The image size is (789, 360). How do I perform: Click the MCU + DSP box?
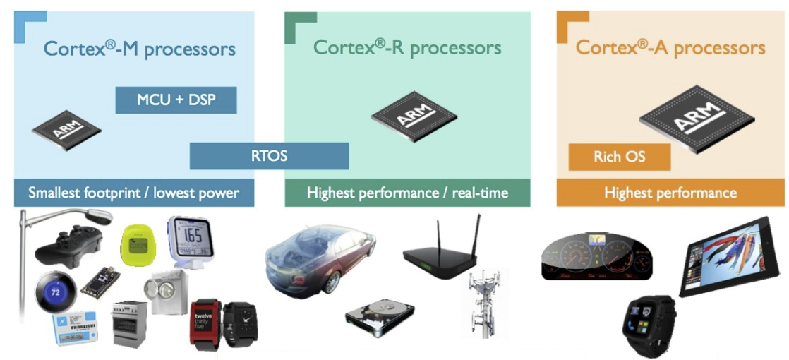pos(176,100)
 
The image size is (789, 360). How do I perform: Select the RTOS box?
pos(269,156)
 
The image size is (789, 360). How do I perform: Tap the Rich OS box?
pos(618,157)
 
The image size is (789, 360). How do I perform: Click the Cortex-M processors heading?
pos(139,49)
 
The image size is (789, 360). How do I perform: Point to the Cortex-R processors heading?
pos(407,48)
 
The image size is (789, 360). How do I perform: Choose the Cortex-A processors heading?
pos(670,48)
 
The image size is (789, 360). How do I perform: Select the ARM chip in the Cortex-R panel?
pos(414,116)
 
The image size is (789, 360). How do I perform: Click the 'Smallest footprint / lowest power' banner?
pos(133,193)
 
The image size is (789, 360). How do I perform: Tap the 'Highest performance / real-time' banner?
pos(407,193)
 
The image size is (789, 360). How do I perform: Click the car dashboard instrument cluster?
pos(596,257)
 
